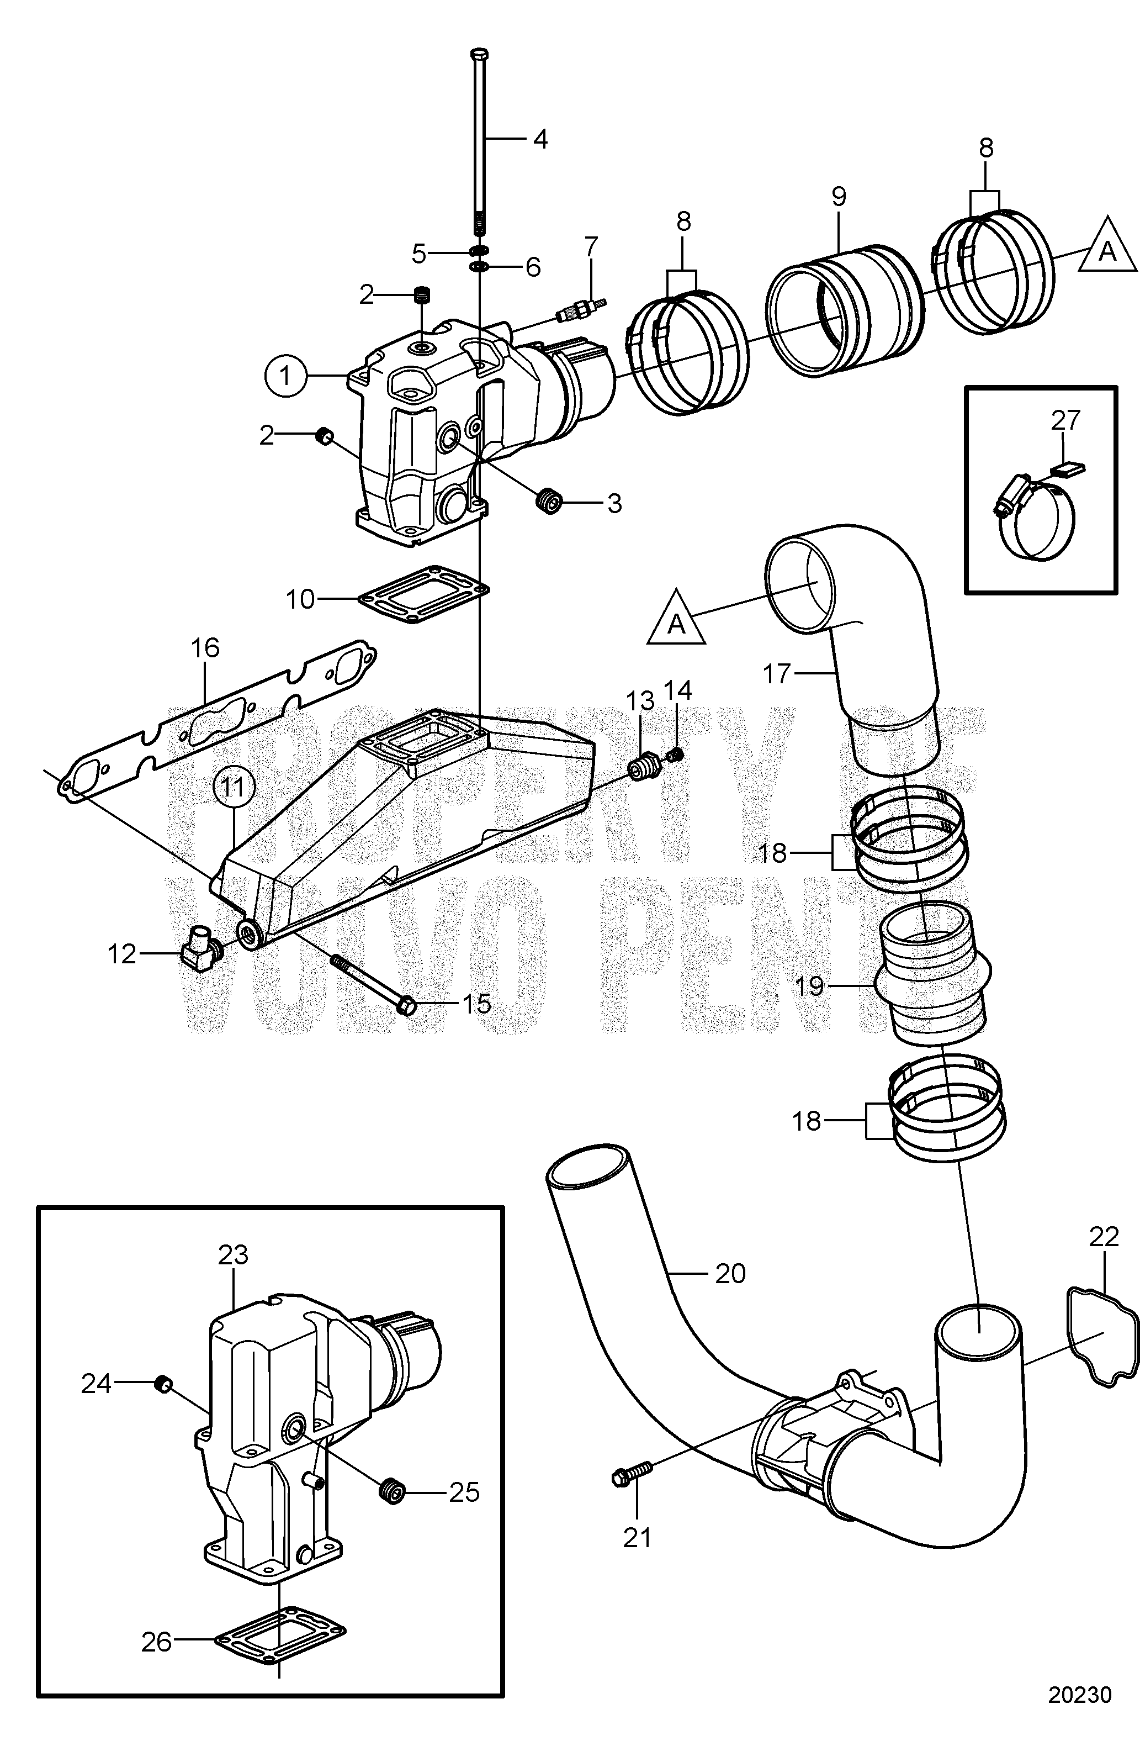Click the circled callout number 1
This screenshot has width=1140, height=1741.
click(x=284, y=376)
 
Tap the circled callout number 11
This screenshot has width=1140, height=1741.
click(x=234, y=788)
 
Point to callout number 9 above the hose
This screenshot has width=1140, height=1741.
click(x=838, y=196)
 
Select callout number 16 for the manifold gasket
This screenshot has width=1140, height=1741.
click(x=205, y=648)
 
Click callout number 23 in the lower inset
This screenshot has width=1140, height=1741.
click(x=234, y=1255)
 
